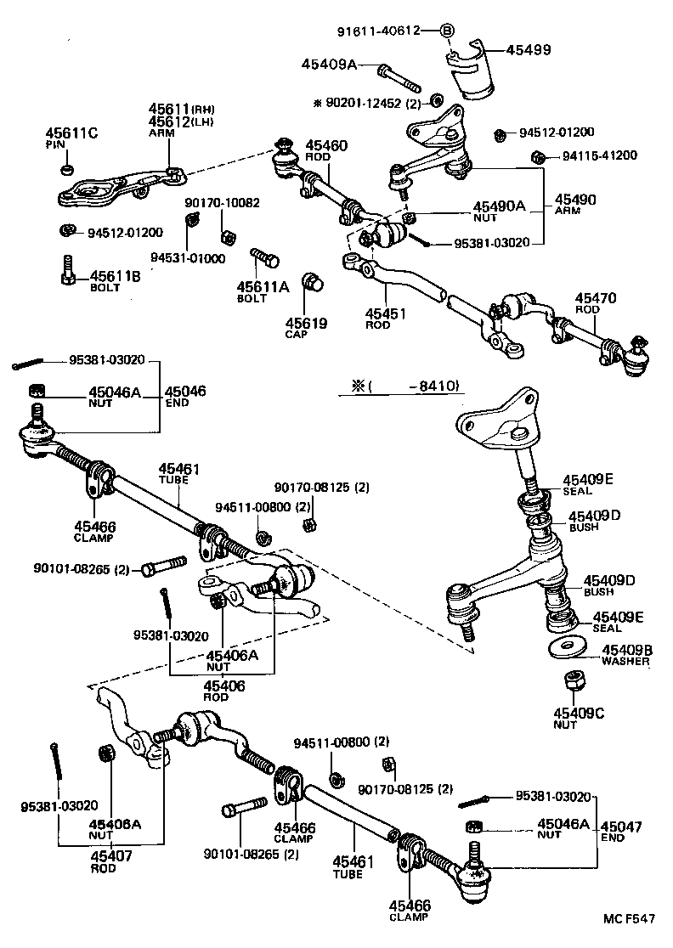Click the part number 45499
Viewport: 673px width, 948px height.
click(529, 50)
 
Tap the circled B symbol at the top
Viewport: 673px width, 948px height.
click(448, 31)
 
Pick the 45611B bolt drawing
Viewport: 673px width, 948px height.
click(69, 271)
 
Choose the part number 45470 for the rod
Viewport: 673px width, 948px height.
click(596, 298)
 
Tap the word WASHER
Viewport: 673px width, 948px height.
click(626, 662)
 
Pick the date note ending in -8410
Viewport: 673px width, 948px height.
click(399, 386)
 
